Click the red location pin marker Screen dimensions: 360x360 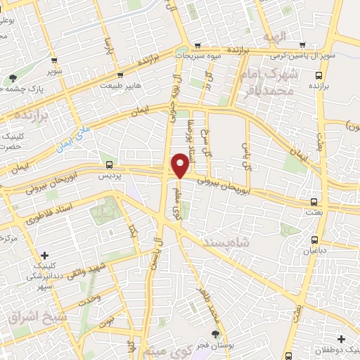(180, 165)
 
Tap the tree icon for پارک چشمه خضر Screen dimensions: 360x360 (13, 78)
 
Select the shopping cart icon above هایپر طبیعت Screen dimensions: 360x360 (120, 74)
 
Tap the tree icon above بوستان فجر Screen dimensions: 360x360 (215, 335)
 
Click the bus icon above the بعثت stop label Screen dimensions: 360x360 (314, 200)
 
